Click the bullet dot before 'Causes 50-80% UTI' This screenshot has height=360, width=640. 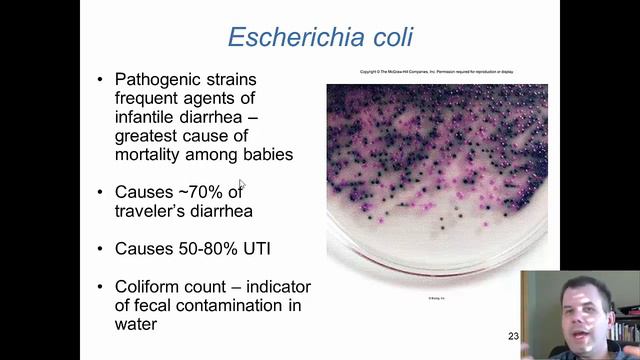[x=100, y=248]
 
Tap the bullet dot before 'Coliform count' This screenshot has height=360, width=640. [x=100, y=286]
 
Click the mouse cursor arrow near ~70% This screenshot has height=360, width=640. [x=241, y=185]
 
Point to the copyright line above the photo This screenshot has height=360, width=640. [x=437, y=72]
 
